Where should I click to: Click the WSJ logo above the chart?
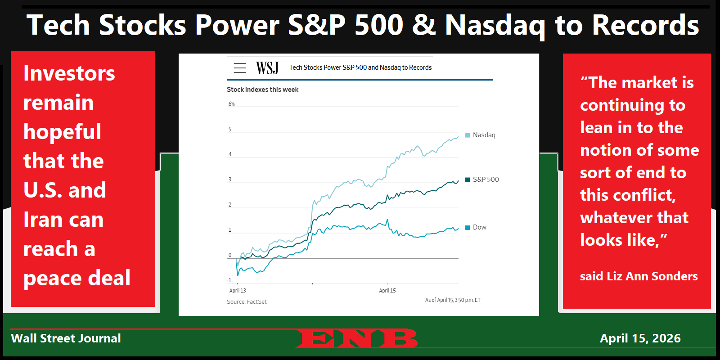click(x=267, y=68)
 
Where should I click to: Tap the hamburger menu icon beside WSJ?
click(x=240, y=68)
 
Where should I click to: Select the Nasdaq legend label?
click(x=484, y=135)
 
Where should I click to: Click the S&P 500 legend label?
click(x=486, y=180)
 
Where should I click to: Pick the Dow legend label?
click(x=479, y=227)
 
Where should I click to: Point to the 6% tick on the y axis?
click(x=231, y=104)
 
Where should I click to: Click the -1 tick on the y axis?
click(x=229, y=280)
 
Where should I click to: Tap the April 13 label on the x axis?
click(x=238, y=291)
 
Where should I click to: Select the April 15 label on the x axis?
click(x=387, y=291)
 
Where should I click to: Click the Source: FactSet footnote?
click(x=247, y=302)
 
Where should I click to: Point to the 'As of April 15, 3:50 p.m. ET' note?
click(x=453, y=300)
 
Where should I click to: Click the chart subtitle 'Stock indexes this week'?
click(x=262, y=90)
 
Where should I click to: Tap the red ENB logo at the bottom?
click(x=356, y=338)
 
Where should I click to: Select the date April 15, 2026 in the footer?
click(x=640, y=338)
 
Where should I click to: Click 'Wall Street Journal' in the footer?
click(x=66, y=338)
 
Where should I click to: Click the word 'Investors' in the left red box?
click(x=69, y=73)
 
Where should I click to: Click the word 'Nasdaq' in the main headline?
click(x=495, y=25)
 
